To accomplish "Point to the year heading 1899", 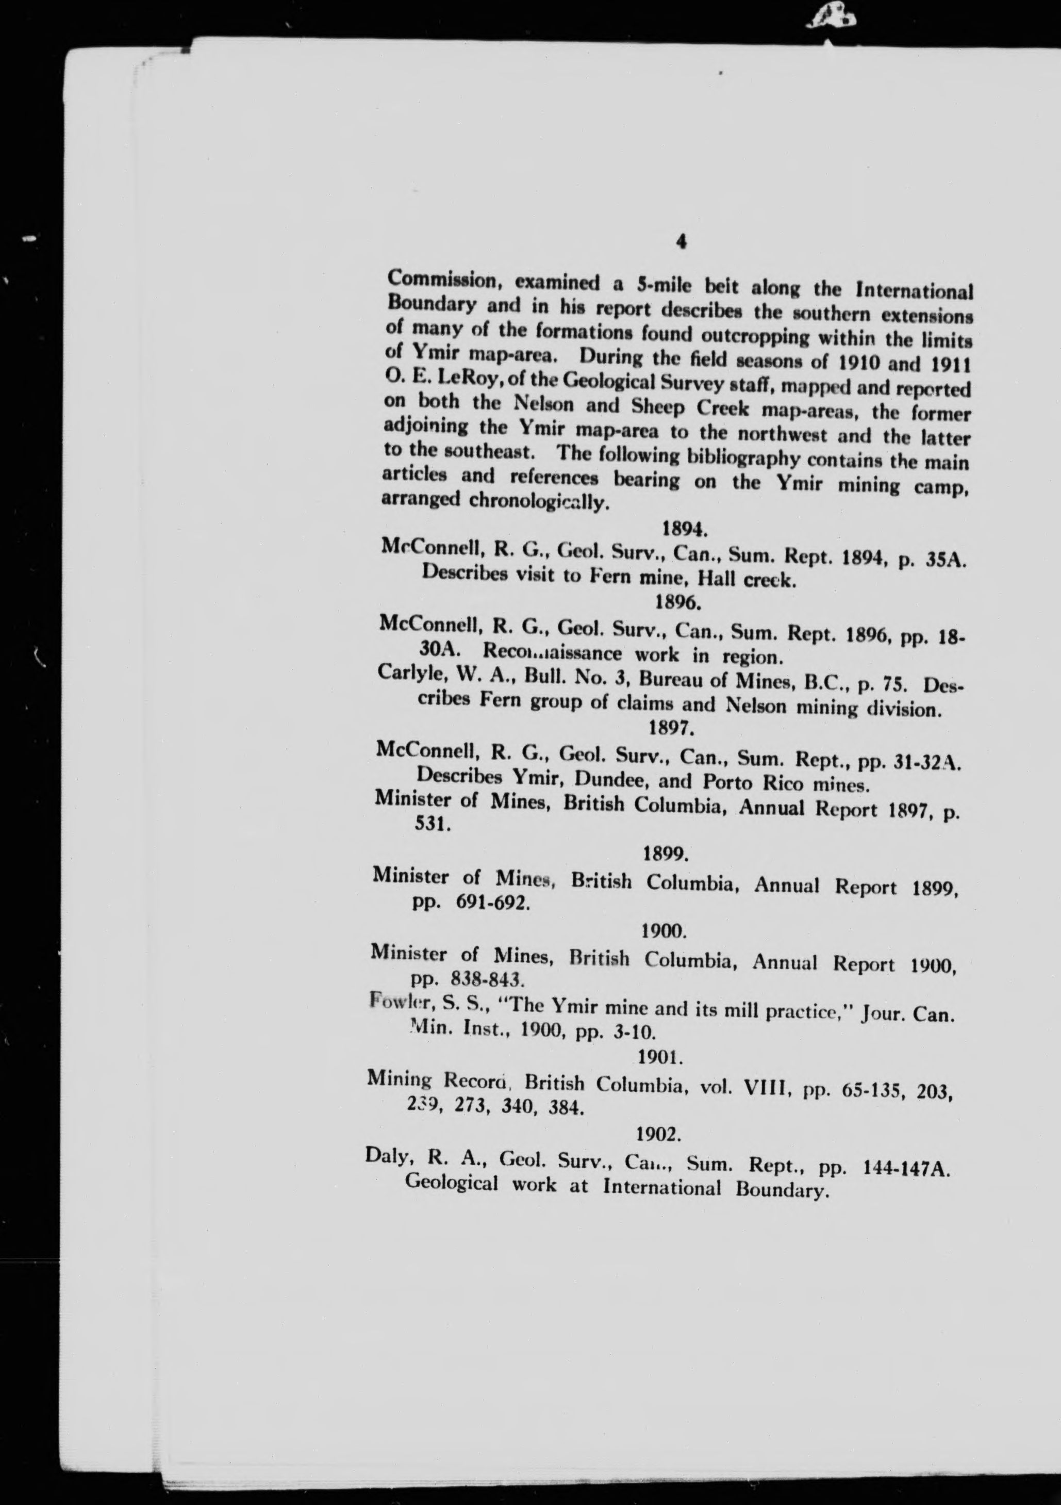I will (665, 854).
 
